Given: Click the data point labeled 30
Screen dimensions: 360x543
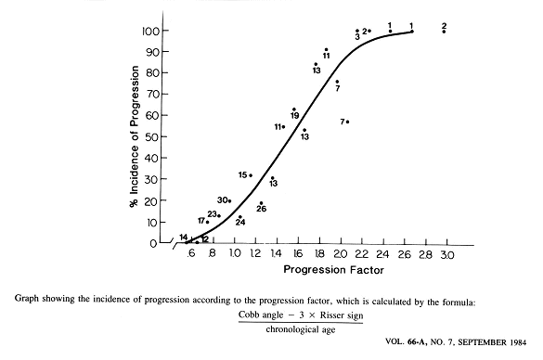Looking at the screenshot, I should [x=229, y=200].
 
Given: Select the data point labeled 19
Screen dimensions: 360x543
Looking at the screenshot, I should [x=294, y=109].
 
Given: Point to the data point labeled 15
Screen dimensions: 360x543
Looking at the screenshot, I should [x=251, y=175].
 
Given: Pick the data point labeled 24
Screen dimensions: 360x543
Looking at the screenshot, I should [x=239, y=217].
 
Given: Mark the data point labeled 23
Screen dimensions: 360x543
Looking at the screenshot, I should [x=219, y=215].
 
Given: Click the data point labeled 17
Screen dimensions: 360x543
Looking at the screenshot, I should [x=207, y=222].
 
